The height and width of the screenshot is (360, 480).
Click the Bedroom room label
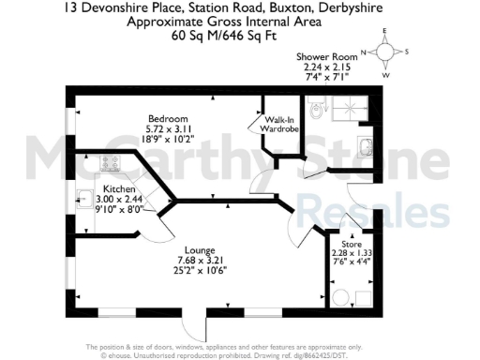click(x=168, y=118)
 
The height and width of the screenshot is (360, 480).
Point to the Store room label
click(x=351, y=242)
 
